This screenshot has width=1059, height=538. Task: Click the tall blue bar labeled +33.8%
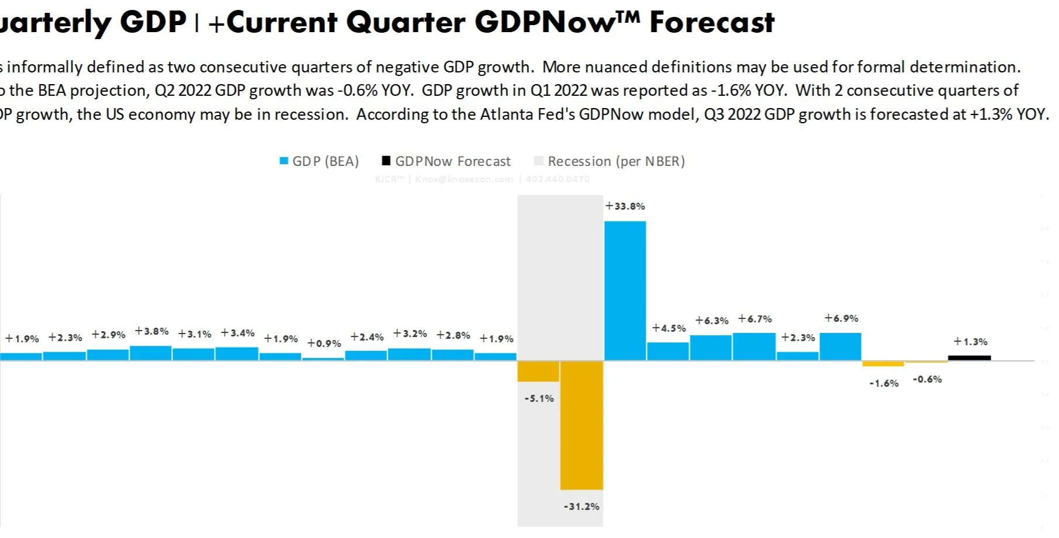point(625,290)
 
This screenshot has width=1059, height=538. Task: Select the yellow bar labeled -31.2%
point(582,425)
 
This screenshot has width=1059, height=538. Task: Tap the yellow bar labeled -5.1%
point(538,371)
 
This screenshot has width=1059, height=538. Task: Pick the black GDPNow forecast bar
point(969,357)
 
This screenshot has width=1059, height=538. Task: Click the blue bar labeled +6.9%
point(840,346)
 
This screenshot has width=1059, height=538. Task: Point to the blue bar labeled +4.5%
point(668,351)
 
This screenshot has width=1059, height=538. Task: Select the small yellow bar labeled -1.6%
point(883,364)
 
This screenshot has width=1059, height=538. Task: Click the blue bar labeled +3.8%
point(151,353)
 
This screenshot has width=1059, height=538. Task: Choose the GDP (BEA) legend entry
point(319,161)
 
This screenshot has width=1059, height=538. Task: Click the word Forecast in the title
point(712,22)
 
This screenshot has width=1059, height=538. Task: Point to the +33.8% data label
point(625,206)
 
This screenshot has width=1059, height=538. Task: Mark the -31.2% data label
point(582,506)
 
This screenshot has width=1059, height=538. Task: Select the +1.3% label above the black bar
point(970,342)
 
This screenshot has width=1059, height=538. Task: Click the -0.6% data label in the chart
point(927,380)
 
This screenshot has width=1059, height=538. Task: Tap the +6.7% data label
point(755,319)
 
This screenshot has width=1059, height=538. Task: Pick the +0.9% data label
point(324,343)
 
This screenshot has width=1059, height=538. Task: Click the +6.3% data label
point(712,321)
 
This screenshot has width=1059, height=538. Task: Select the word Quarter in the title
point(405,22)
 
